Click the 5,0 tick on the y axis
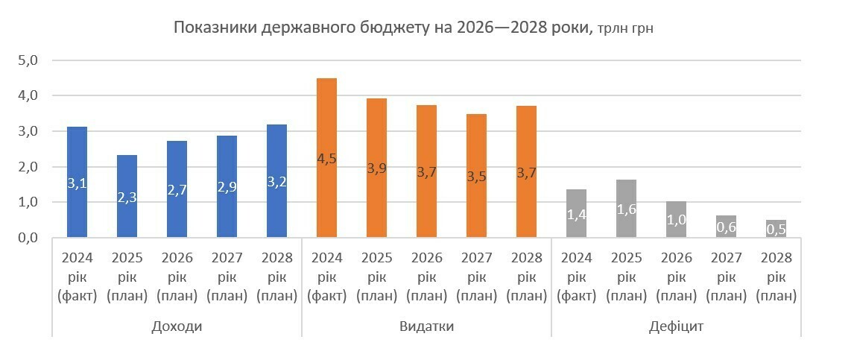click(x=28, y=60)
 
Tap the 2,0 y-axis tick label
click(x=28, y=167)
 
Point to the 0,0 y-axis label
click(x=28, y=238)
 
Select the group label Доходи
click(x=177, y=326)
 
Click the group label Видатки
click(x=426, y=326)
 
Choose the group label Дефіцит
click(x=676, y=326)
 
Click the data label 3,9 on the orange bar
click(x=376, y=168)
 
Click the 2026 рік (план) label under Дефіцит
click(x=676, y=277)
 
